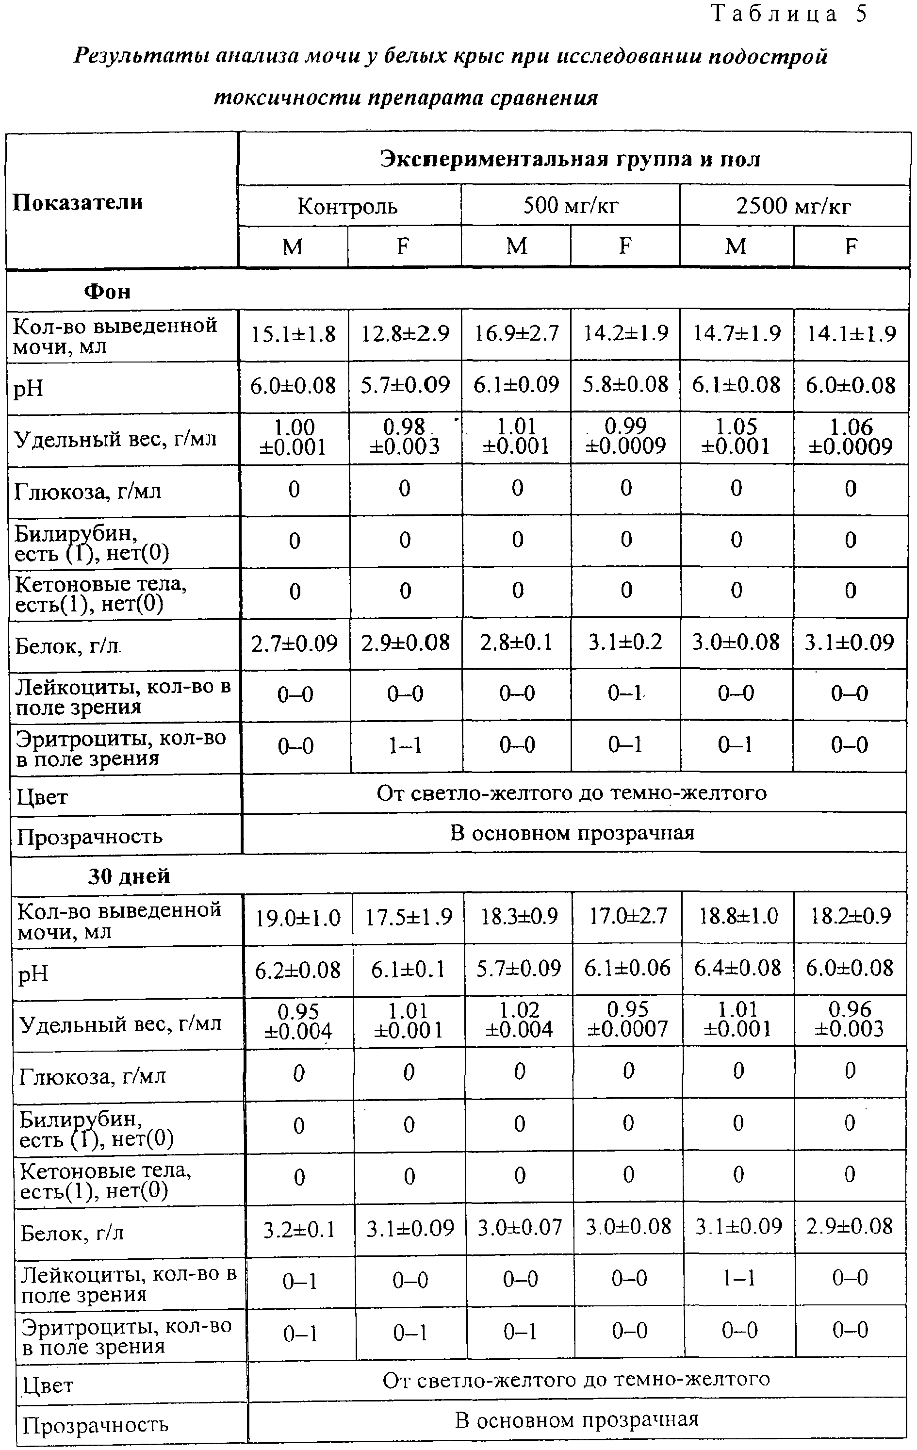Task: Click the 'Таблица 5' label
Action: pyautogui.click(x=789, y=14)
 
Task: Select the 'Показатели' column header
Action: pyautogui.click(x=78, y=202)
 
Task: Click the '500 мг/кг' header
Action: pyautogui.click(x=570, y=206)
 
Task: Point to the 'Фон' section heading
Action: pyautogui.click(x=107, y=292)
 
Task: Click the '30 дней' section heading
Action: pyautogui.click(x=129, y=876)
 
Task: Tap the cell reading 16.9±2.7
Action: pyautogui.click(x=517, y=333)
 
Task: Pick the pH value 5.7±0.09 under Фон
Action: pyautogui.click(x=405, y=385)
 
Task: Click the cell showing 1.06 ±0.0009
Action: pyautogui.click(x=850, y=437)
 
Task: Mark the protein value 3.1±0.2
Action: pyautogui.click(x=625, y=642)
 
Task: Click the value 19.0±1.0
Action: pyautogui.click(x=298, y=918)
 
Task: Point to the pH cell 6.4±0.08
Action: pyautogui.click(x=737, y=969)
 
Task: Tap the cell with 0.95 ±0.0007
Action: pyautogui.click(x=627, y=1020)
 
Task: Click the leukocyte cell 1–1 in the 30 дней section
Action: pyautogui.click(x=739, y=1278)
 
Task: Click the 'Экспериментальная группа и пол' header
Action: pyautogui.click(x=570, y=159)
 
